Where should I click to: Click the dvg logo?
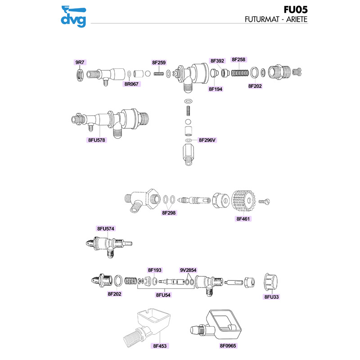[73, 17]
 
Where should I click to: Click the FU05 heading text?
[296, 9]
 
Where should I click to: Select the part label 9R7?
[80, 62]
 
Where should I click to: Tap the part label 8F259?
[159, 63]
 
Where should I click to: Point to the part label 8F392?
[217, 61]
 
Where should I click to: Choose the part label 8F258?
[238, 59]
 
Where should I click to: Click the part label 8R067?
[131, 84]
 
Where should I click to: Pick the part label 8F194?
[216, 89]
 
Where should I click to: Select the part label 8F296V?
[207, 140]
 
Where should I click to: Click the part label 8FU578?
[97, 140]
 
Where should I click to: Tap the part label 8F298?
[169, 213]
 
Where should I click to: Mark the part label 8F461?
[243, 219]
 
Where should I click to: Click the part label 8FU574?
[106, 229]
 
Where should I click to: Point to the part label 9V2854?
[188, 270]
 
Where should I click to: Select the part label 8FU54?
[163, 295]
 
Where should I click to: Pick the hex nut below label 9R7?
[80, 75]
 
